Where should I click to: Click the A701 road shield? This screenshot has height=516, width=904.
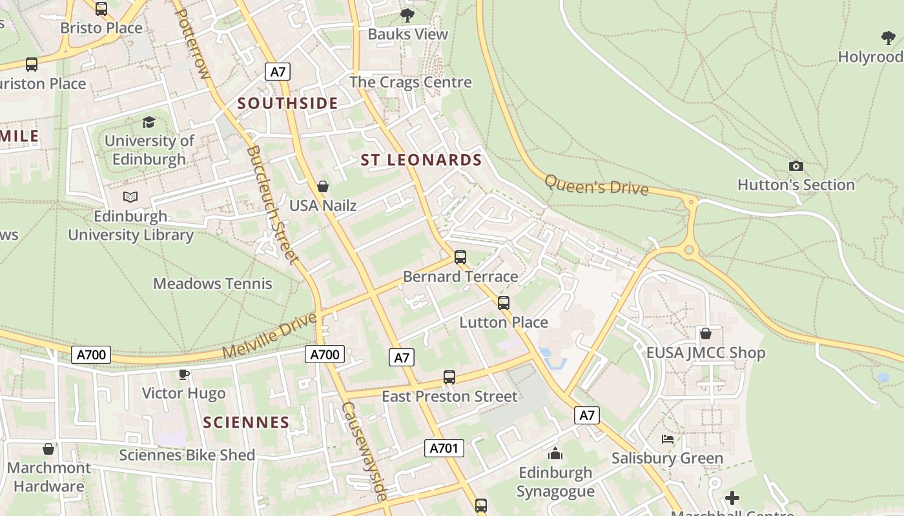[444, 448]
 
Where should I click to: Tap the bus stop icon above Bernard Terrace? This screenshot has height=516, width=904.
[460, 257]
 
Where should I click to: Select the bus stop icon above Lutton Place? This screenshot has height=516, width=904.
[504, 303]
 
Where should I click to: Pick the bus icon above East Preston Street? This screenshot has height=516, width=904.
[449, 377]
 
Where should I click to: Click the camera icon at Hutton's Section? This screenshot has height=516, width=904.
[796, 166]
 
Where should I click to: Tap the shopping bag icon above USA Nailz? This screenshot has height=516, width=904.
[323, 186]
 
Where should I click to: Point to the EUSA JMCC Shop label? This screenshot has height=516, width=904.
[706, 353]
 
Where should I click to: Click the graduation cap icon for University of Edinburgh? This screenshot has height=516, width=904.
[149, 122]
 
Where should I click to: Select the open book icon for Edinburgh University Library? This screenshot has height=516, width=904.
[130, 197]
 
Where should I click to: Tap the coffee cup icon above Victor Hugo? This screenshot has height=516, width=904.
[184, 374]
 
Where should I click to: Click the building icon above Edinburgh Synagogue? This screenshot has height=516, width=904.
[555, 454]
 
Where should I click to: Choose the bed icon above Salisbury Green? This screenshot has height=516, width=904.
[668, 439]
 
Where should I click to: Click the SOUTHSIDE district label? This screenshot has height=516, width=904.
[288, 103]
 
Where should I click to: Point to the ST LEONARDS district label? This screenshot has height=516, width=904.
[421, 160]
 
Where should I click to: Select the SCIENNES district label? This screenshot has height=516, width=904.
[246, 422]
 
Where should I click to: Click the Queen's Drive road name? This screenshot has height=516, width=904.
[596, 185]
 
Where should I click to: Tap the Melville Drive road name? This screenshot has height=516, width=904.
[271, 335]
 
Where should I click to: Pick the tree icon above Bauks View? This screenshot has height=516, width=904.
[407, 15]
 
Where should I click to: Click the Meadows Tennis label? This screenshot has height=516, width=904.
[212, 283]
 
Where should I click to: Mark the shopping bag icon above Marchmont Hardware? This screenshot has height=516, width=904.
[48, 449]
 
